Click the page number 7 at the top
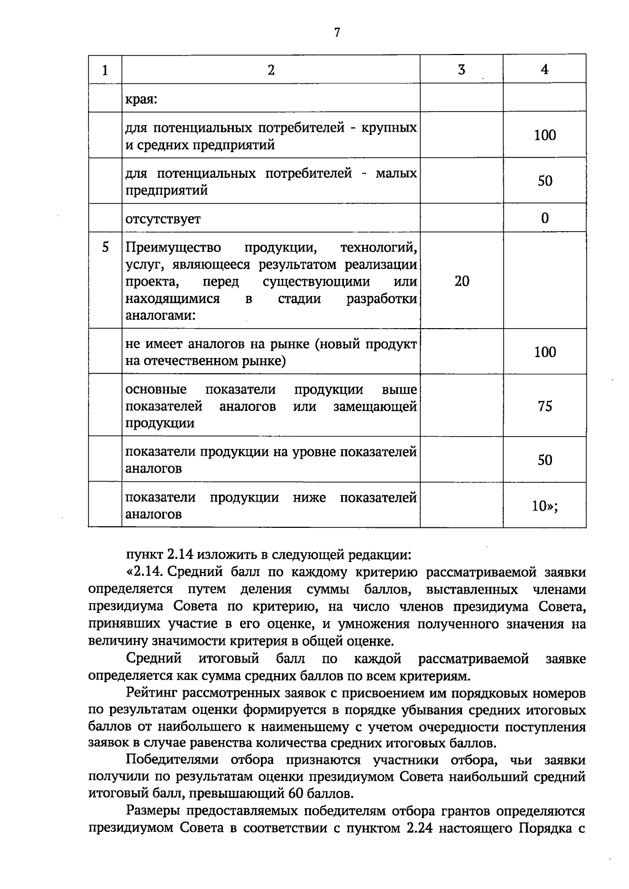click(337, 32)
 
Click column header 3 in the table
click(461, 69)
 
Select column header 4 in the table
click(545, 69)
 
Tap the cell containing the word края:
click(142, 99)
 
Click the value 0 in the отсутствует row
click(545, 218)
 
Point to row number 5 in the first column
click(105, 247)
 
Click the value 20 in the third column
click(462, 281)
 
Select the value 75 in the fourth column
click(545, 406)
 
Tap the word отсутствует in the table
click(162, 219)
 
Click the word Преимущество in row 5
click(173, 247)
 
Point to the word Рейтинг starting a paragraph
click(151, 693)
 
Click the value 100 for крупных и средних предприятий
click(545, 135)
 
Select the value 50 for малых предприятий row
click(545, 181)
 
